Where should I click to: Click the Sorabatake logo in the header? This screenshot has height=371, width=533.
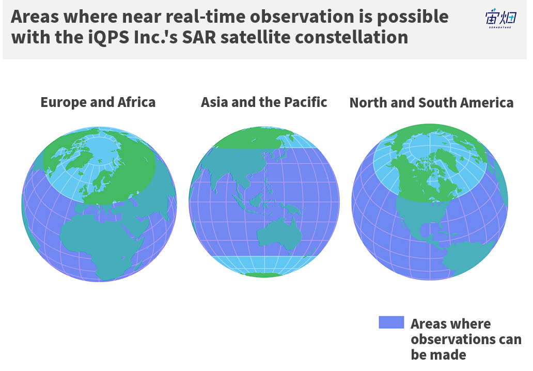501,19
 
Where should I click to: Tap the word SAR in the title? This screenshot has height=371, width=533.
199,37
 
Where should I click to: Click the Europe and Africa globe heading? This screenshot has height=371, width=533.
98,102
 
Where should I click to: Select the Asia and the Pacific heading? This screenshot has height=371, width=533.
264,102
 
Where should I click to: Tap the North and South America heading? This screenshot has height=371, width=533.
431,103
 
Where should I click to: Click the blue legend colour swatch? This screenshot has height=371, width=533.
391,322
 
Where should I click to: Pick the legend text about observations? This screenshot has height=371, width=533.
466,339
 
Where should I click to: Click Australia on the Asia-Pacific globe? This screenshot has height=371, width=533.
279,235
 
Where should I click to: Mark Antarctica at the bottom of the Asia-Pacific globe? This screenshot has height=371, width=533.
264,275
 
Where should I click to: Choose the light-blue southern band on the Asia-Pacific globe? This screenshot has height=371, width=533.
263,264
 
